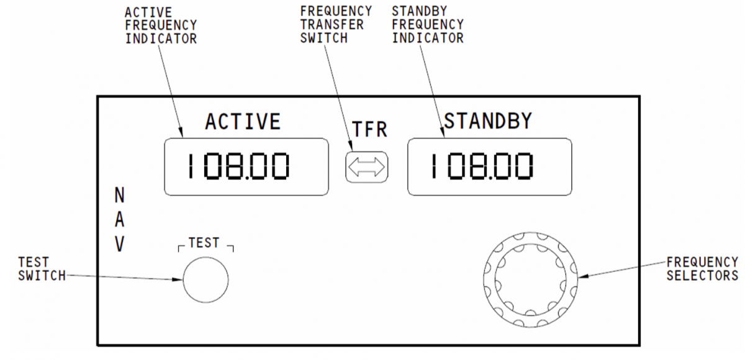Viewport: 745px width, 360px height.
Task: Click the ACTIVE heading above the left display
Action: (x=243, y=121)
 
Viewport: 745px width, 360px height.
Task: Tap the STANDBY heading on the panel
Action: (x=488, y=120)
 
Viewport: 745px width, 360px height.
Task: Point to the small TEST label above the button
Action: (x=204, y=244)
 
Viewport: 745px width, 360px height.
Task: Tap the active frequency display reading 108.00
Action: (x=246, y=167)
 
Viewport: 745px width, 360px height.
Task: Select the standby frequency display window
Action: (x=489, y=167)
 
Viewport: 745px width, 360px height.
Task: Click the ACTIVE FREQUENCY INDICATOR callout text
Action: (x=161, y=25)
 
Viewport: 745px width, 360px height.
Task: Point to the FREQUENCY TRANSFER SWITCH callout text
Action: (x=336, y=25)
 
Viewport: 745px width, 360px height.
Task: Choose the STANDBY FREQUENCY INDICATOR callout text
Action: (x=428, y=25)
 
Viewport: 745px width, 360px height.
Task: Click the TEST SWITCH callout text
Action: (x=42, y=269)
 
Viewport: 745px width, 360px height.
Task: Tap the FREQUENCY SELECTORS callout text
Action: (x=702, y=269)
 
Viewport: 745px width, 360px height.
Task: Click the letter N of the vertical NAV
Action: (x=120, y=196)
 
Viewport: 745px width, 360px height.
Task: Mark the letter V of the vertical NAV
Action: (x=120, y=246)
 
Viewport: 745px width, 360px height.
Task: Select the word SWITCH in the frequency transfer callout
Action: (x=323, y=37)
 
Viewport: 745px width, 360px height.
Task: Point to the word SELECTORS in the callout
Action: (x=702, y=276)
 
